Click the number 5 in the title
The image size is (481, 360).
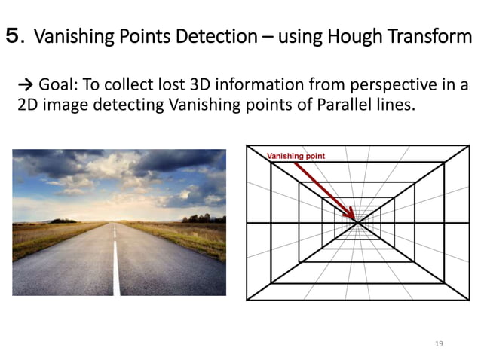coord(14,35)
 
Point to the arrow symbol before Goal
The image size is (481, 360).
coord(24,86)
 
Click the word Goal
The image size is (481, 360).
coord(55,86)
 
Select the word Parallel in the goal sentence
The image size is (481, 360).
coord(345,105)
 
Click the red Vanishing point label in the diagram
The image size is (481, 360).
coord(296,156)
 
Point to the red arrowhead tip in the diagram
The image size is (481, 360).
coord(355,219)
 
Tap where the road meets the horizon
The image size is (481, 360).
coord(114,222)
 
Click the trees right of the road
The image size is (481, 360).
coord(198,218)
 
